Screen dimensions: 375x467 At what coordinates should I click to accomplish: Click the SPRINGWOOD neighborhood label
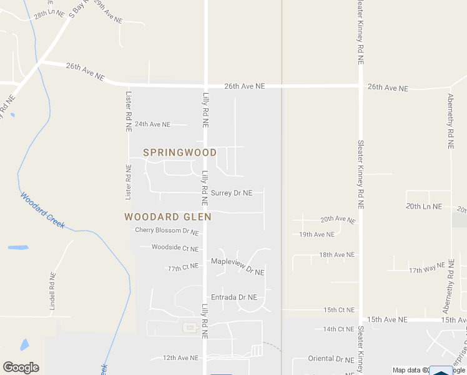pyautogui.click(x=180, y=152)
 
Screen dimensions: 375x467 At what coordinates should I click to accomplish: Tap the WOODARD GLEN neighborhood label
pyautogui.click(x=168, y=217)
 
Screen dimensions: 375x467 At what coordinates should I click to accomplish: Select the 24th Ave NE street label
pyautogui.click(x=152, y=124)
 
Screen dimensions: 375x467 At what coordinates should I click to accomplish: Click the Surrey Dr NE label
pyautogui.click(x=232, y=193)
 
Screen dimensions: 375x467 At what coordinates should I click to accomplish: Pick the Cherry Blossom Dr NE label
pyautogui.click(x=167, y=231)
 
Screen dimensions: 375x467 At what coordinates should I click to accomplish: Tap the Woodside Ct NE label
pyautogui.click(x=175, y=248)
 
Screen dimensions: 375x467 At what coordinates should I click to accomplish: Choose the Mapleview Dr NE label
pyautogui.click(x=238, y=266)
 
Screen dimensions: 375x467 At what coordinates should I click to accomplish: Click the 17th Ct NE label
pyautogui.click(x=183, y=267)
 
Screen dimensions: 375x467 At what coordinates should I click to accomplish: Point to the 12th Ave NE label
pyautogui.click(x=180, y=358)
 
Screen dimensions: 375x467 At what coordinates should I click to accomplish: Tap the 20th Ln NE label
pyautogui.click(x=424, y=206)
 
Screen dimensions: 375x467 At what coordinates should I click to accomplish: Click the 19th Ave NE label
pyautogui.click(x=317, y=234)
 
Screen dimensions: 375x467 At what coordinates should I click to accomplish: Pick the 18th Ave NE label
pyautogui.click(x=337, y=255)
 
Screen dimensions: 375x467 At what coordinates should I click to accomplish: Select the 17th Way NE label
pyautogui.click(x=426, y=270)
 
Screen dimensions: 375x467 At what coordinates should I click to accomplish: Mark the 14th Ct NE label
pyautogui.click(x=338, y=329)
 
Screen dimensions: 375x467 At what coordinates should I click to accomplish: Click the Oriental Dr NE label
pyautogui.click(x=331, y=359)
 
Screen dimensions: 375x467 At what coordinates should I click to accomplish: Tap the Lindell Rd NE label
pyautogui.click(x=53, y=291)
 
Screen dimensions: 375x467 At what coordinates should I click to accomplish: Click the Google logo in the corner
pyautogui.click(x=21, y=367)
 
